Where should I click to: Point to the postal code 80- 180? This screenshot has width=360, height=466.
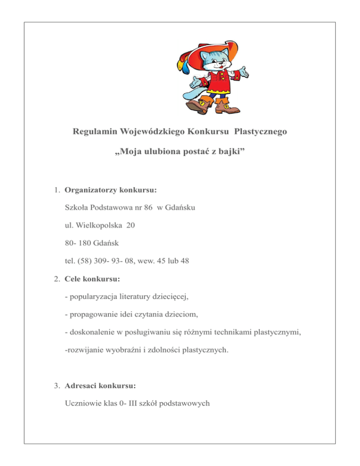coord(80,243)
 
